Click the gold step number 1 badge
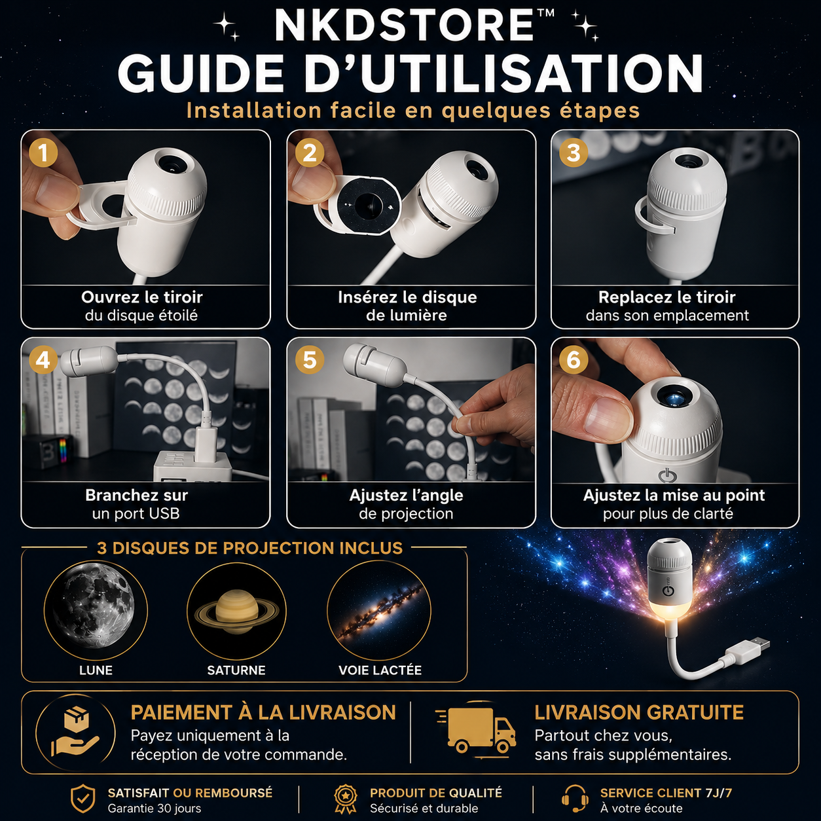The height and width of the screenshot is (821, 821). coord(43,153)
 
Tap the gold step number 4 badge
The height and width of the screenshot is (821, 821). coord(43,360)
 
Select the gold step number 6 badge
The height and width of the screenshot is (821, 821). coord(574,360)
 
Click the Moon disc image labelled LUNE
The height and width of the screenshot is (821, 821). coord(96,610)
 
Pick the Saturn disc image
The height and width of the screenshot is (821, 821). coord(236,611)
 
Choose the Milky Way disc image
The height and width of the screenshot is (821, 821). coord(379,611)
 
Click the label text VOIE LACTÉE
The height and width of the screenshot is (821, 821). coord(380,670)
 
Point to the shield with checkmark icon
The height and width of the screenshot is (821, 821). coord(83,799)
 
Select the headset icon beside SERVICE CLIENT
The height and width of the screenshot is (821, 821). coord(575,799)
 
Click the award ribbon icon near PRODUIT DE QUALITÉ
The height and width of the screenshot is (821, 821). coord(345,799)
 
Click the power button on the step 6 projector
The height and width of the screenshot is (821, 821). coord(667,476)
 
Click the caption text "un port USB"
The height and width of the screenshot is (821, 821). coord(136,514)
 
